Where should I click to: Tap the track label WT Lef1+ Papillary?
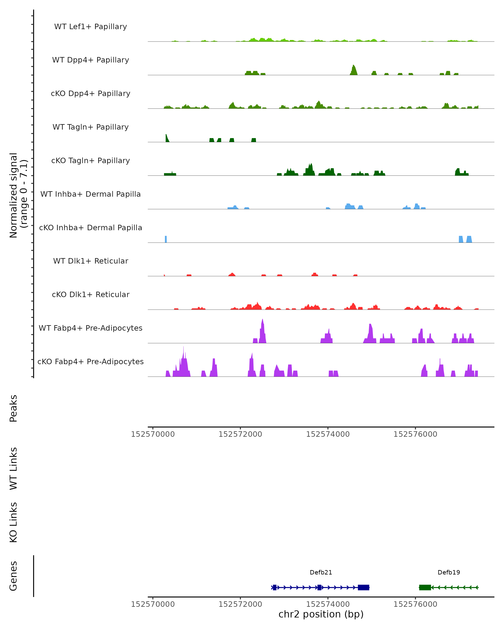[91, 27]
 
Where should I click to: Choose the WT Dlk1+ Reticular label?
[91, 261]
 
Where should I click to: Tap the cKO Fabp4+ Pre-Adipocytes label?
[91, 361]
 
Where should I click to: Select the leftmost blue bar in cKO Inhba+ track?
[166, 239]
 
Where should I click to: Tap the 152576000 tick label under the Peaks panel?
[415, 434]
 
